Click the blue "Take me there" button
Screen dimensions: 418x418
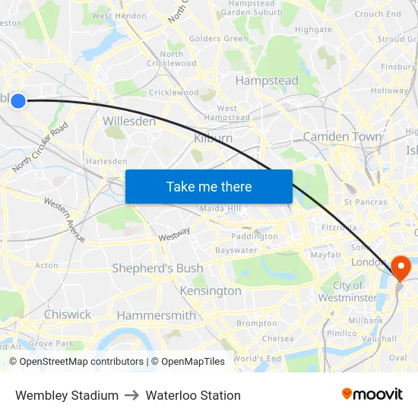(x=208, y=186)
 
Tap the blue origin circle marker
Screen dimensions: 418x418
(x=18, y=100)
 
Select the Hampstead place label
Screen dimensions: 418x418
(x=267, y=81)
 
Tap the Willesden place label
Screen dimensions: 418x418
(x=129, y=122)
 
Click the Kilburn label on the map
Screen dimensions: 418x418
(x=214, y=138)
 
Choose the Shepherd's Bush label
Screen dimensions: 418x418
(x=157, y=268)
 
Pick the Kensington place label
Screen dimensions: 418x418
(x=211, y=291)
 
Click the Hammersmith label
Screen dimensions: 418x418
(x=156, y=315)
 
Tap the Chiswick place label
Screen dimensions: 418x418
(x=68, y=315)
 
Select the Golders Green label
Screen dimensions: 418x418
(x=218, y=39)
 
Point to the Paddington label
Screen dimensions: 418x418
(x=255, y=236)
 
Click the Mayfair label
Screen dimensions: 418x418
(x=325, y=255)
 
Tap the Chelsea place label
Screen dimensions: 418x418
(x=277, y=339)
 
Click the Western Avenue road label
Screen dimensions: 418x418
(x=65, y=220)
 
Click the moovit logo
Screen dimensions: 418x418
(x=372, y=394)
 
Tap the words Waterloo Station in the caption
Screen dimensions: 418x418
(x=193, y=395)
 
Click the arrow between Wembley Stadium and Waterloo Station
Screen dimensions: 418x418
(x=132, y=395)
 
